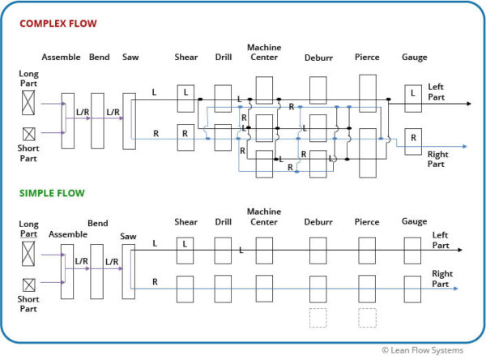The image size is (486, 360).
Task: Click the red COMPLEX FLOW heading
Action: (x=58, y=24)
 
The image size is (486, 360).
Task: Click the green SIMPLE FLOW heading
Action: (x=52, y=193)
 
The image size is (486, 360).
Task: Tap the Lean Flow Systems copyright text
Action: (x=423, y=350)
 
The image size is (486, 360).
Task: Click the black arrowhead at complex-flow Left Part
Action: (x=469, y=104)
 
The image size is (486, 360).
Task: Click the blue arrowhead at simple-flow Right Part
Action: (x=455, y=289)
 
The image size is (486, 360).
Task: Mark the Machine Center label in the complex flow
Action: (x=264, y=53)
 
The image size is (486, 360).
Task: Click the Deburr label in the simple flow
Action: (x=318, y=222)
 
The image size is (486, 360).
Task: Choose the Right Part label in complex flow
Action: (x=437, y=159)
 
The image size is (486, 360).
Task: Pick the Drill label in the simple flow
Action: (x=224, y=222)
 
